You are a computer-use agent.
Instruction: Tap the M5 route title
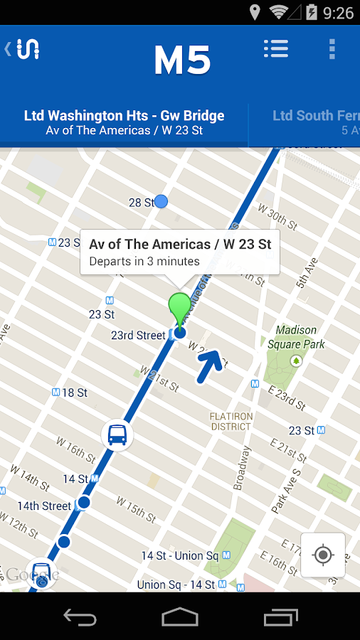coord(182,61)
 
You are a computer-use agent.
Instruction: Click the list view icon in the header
coord(275,48)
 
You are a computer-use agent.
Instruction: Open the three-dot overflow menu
coord(332,48)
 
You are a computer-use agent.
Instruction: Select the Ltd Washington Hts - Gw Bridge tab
coord(124,122)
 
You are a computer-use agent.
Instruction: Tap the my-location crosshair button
coord(323,555)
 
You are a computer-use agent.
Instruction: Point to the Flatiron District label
coord(231,421)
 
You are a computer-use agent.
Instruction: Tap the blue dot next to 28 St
coord(162,202)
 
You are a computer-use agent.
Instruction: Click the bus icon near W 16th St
coord(117,434)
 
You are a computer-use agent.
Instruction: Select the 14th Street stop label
coord(44,506)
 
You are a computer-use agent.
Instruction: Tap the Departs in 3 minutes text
coord(144,261)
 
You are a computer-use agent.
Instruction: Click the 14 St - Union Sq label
coord(180,555)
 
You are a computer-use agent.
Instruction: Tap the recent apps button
coord(281,617)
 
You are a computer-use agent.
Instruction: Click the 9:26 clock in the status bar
coord(337,12)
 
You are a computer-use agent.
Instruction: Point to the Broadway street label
coord(243,469)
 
